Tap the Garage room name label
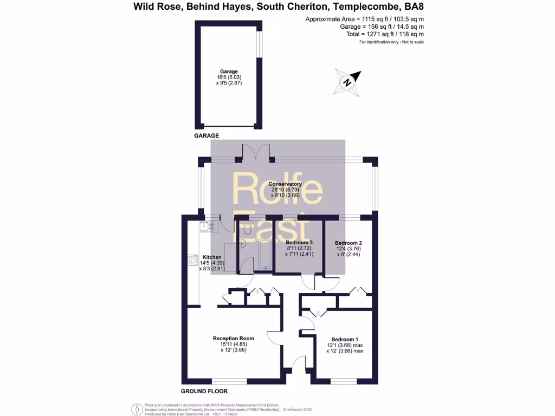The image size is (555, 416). (229, 71)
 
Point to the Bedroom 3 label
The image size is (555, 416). (299, 242)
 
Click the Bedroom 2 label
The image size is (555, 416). (349, 243)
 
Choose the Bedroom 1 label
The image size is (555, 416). (345, 340)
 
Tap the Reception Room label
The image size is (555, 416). (233, 339)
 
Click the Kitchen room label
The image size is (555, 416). (211, 257)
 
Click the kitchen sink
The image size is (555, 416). (206, 226)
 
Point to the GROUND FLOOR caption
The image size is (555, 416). (204, 391)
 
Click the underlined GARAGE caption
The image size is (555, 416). (206, 135)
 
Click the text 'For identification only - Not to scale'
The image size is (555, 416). (391, 42)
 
